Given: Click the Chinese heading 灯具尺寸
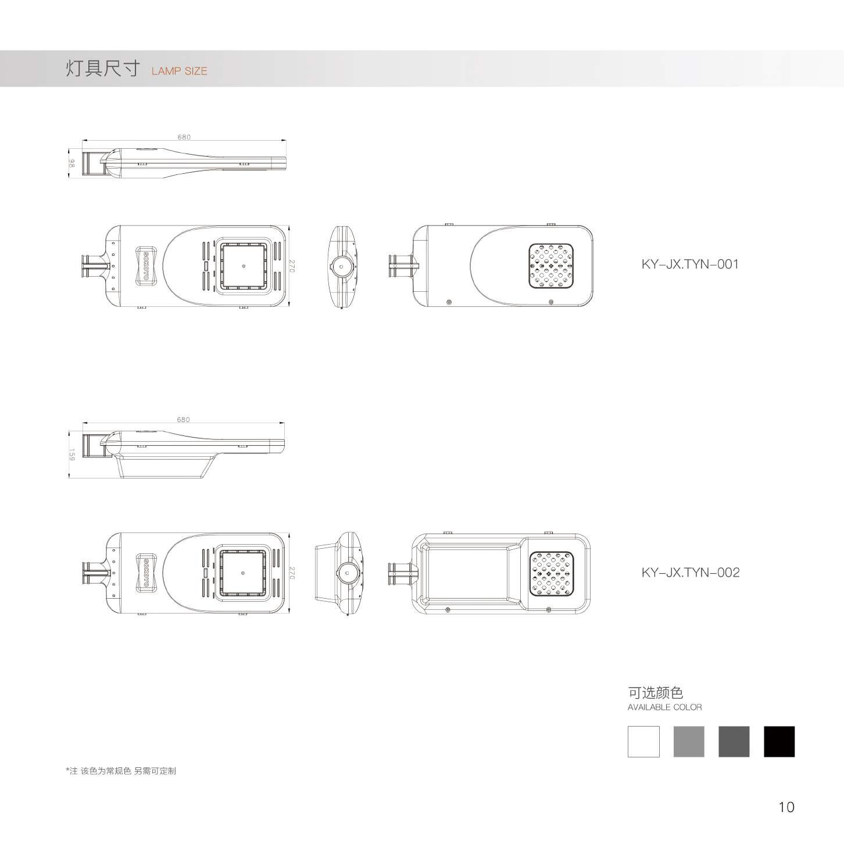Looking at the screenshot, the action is (103, 69).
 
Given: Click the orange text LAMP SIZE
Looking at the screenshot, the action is (180, 71).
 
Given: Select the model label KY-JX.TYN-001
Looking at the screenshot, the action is (691, 264).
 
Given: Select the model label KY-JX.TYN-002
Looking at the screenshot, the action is (691, 573).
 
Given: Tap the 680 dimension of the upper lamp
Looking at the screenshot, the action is (184, 137).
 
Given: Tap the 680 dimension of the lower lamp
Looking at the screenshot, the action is (184, 420).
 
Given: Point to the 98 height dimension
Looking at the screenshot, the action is (72, 163).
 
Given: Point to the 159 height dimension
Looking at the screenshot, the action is (72, 454).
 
